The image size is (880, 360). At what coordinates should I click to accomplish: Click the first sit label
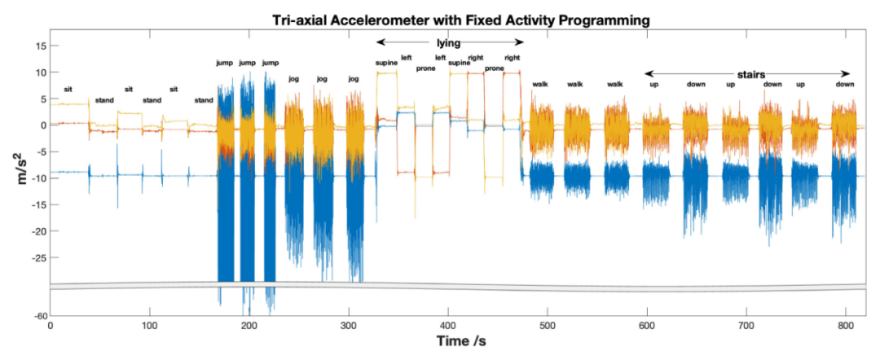pyautogui.click(x=68, y=89)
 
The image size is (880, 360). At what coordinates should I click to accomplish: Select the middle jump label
pyautogui.click(x=248, y=63)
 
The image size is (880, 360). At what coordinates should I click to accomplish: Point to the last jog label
pyautogui.click(x=353, y=79)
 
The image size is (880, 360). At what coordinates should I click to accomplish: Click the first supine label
pyautogui.click(x=385, y=63)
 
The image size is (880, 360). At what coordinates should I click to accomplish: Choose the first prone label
pyautogui.click(x=425, y=68)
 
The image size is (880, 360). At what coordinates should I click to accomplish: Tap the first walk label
pyautogui.click(x=540, y=84)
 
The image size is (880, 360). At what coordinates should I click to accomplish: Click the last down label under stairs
pyautogui.click(x=845, y=84)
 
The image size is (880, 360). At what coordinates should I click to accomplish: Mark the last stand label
pyautogui.click(x=204, y=100)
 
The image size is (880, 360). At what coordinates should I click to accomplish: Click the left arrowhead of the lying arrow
pyautogui.click(x=379, y=42)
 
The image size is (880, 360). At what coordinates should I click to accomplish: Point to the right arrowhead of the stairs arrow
pyautogui.click(x=848, y=74)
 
